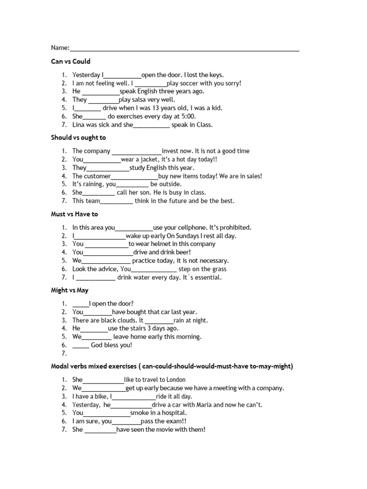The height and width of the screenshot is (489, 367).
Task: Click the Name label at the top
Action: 60,48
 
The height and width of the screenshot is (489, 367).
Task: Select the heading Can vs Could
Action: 71,62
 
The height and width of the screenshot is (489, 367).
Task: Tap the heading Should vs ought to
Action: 78,138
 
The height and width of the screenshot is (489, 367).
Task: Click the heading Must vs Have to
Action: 75,214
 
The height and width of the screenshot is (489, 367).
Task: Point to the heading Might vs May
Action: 70,290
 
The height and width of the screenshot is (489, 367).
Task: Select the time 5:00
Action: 188,117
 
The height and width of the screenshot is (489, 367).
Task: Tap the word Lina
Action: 79,125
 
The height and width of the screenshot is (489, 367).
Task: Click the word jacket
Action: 152,159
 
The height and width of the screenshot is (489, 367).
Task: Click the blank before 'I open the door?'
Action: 80,304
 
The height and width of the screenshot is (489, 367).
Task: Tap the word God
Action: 97,345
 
